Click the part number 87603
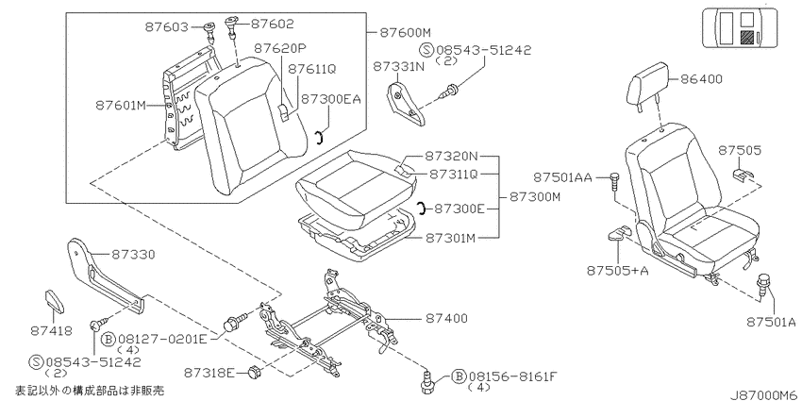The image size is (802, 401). [x=167, y=27]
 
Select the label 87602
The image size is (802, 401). [x=273, y=24]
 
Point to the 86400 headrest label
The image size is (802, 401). [x=701, y=78]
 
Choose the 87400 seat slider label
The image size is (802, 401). [x=446, y=318]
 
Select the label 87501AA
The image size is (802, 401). [x=562, y=177]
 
